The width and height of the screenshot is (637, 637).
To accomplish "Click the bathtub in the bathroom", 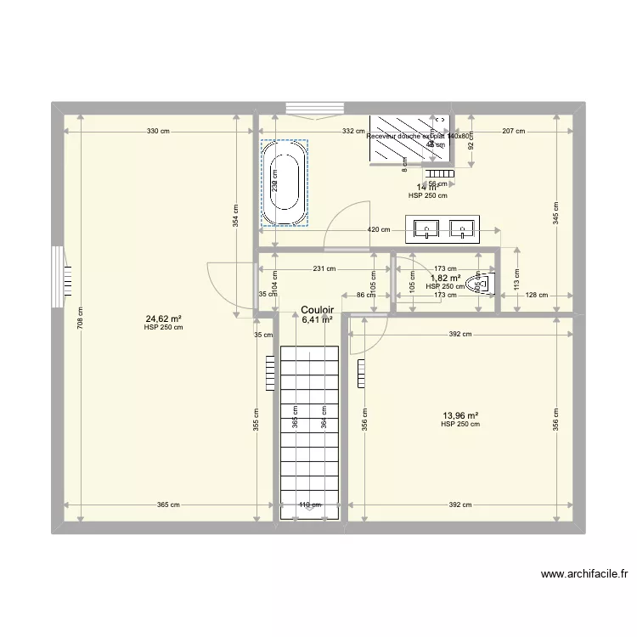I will tap(285, 183).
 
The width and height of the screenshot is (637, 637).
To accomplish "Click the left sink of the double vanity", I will tap(426, 228).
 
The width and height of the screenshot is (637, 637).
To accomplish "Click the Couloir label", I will tap(317, 311).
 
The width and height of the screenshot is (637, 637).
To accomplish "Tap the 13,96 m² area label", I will tap(459, 416).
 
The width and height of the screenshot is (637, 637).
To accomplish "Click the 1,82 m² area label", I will tap(445, 278).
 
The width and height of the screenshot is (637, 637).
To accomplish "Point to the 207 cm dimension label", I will tap(513, 132).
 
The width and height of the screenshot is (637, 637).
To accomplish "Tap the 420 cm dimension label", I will tap(379, 229).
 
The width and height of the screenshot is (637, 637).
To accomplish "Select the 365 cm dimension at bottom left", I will tap(168, 505).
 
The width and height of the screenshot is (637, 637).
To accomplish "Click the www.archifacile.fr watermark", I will tap(585, 574).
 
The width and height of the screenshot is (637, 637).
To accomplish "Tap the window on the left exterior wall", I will tap(58, 277).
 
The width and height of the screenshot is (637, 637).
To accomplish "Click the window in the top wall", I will tap(314, 107).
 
